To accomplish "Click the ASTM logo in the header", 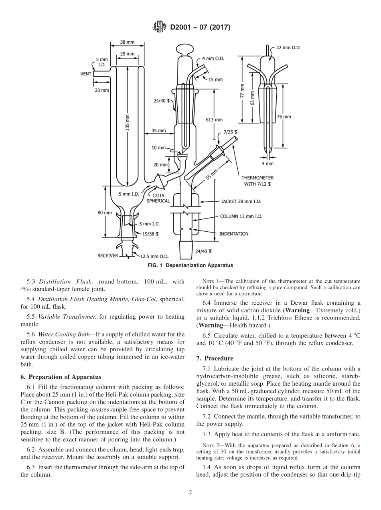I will pyautogui.click(x=160, y=27).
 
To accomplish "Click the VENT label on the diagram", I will pyautogui.click(x=86, y=74).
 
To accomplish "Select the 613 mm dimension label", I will pyautogui.click(x=214, y=119).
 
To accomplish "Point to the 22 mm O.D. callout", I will pyautogui.click(x=288, y=48).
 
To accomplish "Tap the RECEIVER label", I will pyautogui.click(x=108, y=255).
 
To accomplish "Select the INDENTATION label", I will pyautogui.click(x=233, y=234).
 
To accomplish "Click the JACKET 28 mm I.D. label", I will pyautogui.click(x=241, y=202).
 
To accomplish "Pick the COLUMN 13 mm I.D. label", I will pyautogui.click(x=241, y=216).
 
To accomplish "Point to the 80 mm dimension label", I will pyautogui.click(x=105, y=212).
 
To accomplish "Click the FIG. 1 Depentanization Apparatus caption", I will pyautogui.click(x=190, y=265).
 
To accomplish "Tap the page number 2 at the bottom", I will pyautogui.click(x=190, y=492).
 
